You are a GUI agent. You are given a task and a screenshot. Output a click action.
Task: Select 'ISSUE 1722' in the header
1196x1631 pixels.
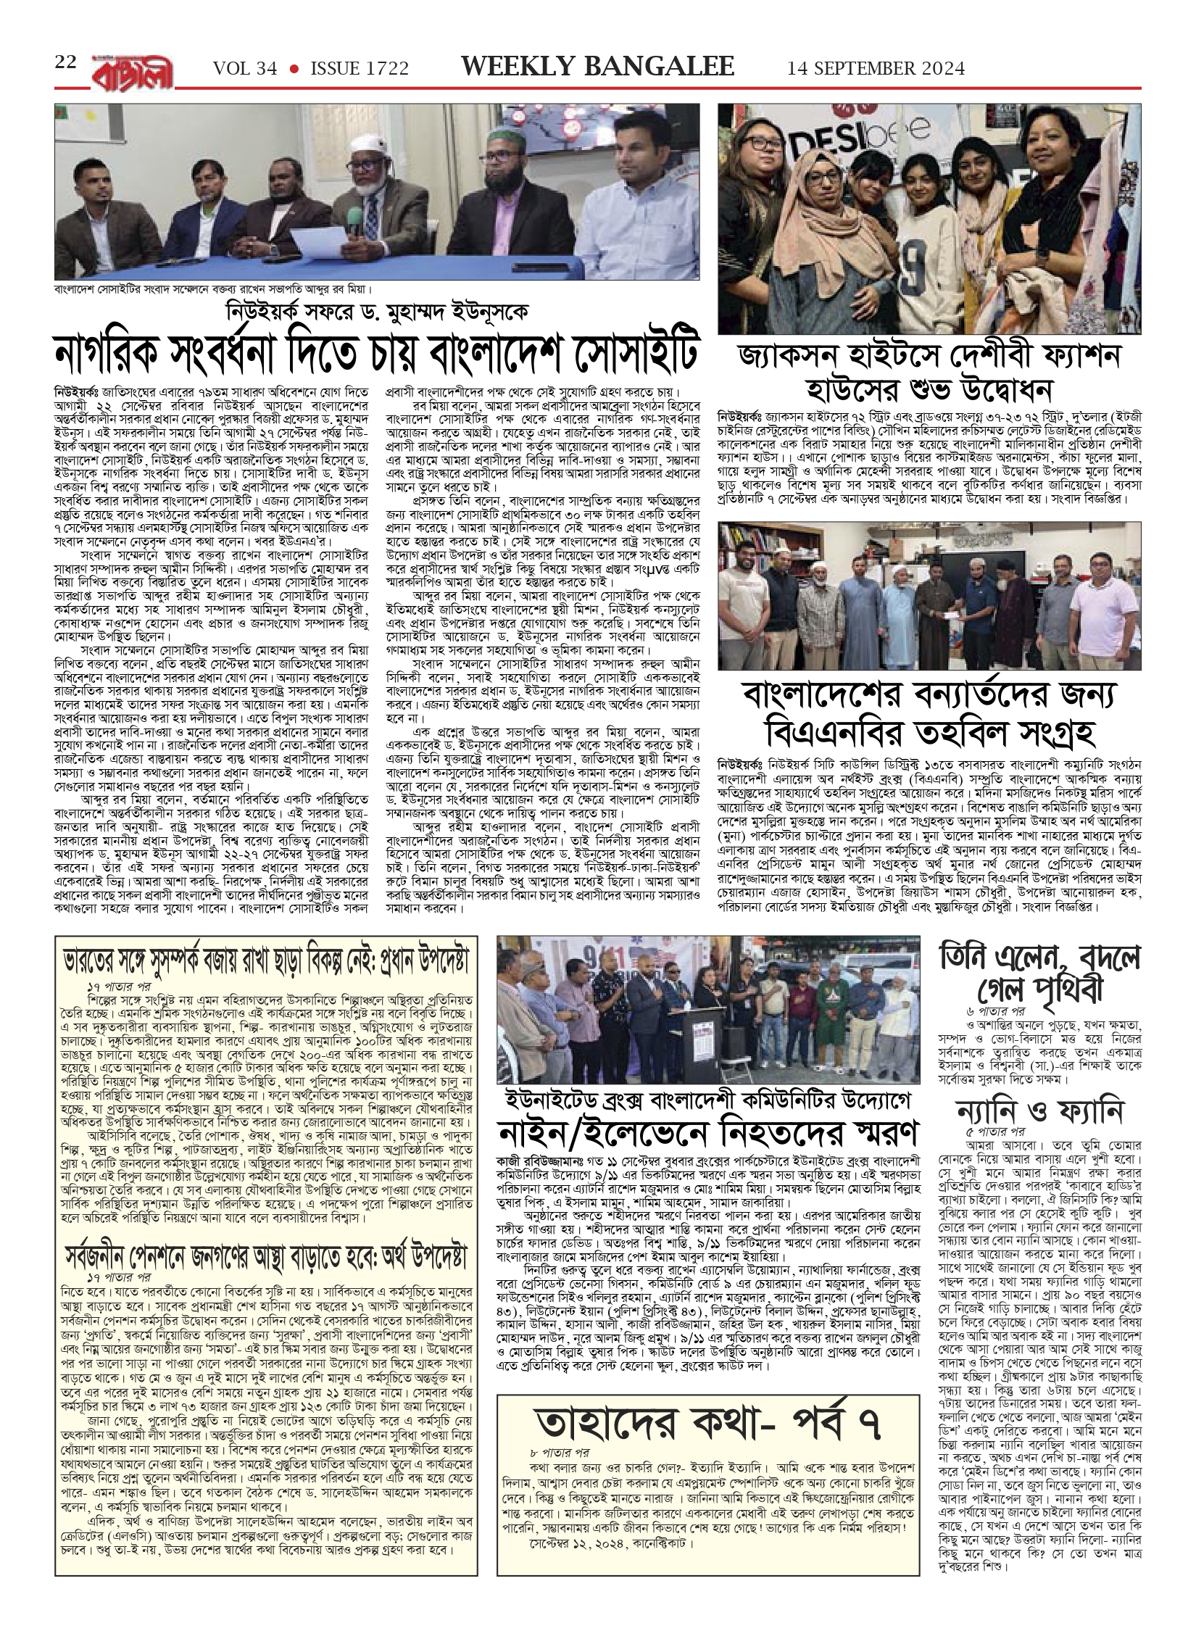coord(360,69)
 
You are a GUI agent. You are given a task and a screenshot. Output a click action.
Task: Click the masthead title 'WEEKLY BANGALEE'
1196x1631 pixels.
coord(598,67)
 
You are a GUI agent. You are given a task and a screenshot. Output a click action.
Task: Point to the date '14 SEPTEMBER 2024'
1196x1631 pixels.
coord(876,69)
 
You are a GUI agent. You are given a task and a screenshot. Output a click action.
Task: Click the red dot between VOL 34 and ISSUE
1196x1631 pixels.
coord(294,69)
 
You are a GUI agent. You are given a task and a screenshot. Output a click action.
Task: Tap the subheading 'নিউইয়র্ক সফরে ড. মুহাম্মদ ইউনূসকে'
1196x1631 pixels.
coord(377,312)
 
